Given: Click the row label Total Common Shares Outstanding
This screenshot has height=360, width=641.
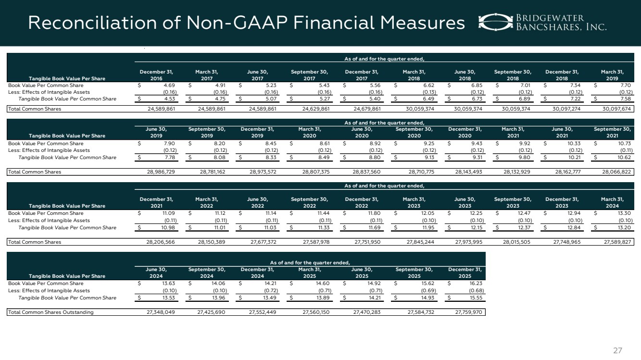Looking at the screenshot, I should click(51, 312).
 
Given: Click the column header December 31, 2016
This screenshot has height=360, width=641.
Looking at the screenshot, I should click(156, 75).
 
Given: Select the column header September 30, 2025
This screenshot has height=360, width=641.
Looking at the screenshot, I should click(414, 273).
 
